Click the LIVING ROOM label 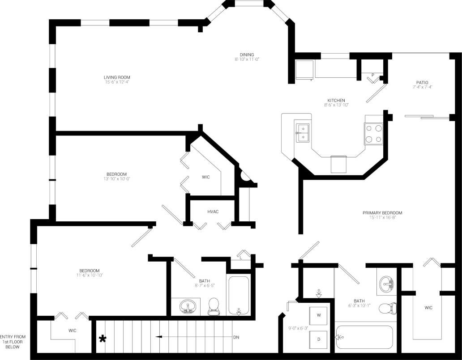pyautogui.click(x=117, y=77)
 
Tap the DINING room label pyautogui.click(x=247, y=55)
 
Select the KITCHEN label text pyautogui.click(x=336, y=100)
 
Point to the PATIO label pyautogui.click(x=422, y=82)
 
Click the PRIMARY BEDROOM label pyautogui.click(x=382, y=213)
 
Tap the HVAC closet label pyautogui.click(x=213, y=212)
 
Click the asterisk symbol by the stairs pyautogui.click(x=103, y=339)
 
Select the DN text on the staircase pyautogui.click(x=236, y=337)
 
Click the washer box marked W pyautogui.click(x=319, y=315)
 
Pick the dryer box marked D pyautogui.click(x=319, y=339)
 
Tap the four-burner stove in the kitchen pyautogui.click(x=374, y=133)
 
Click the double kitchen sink pyautogui.click(x=303, y=133)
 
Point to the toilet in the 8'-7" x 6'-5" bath pyautogui.click(x=214, y=306)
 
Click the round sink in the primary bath pyautogui.click(x=386, y=283)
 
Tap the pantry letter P pyautogui.click(x=372, y=75)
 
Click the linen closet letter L pyautogui.click(x=241, y=258)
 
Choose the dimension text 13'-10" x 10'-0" pyautogui.click(x=116, y=179)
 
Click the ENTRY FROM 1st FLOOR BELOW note pyautogui.click(x=13, y=341)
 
